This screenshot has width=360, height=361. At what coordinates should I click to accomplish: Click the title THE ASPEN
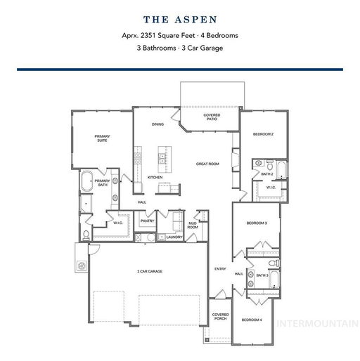180,20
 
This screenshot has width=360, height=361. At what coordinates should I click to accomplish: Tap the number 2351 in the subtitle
148,36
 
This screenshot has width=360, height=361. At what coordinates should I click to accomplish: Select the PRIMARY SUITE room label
102,138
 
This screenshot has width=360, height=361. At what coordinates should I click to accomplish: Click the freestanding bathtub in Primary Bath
86,181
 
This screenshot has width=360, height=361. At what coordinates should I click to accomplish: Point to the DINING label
157,124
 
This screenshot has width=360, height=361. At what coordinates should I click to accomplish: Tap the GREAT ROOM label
207,164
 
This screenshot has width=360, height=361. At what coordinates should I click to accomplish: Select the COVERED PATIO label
212,117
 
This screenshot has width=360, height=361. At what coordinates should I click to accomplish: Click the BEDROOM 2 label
263,134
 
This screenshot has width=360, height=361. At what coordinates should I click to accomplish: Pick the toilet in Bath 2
270,165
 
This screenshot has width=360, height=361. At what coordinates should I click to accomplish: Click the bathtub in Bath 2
281,170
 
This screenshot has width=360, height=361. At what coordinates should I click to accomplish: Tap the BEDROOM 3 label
257,223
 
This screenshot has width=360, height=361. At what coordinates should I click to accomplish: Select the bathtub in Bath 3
274,280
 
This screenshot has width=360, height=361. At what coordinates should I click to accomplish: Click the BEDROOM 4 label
252,320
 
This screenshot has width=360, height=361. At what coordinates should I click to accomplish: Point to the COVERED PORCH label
220,317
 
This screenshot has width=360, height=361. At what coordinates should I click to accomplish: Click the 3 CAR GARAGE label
150,271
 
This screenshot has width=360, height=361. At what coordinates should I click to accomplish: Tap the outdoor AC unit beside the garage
82,266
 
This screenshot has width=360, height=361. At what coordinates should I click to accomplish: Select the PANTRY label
147,221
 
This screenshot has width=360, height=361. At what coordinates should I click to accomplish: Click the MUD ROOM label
193,225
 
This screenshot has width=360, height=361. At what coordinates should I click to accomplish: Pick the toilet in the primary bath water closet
86,235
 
